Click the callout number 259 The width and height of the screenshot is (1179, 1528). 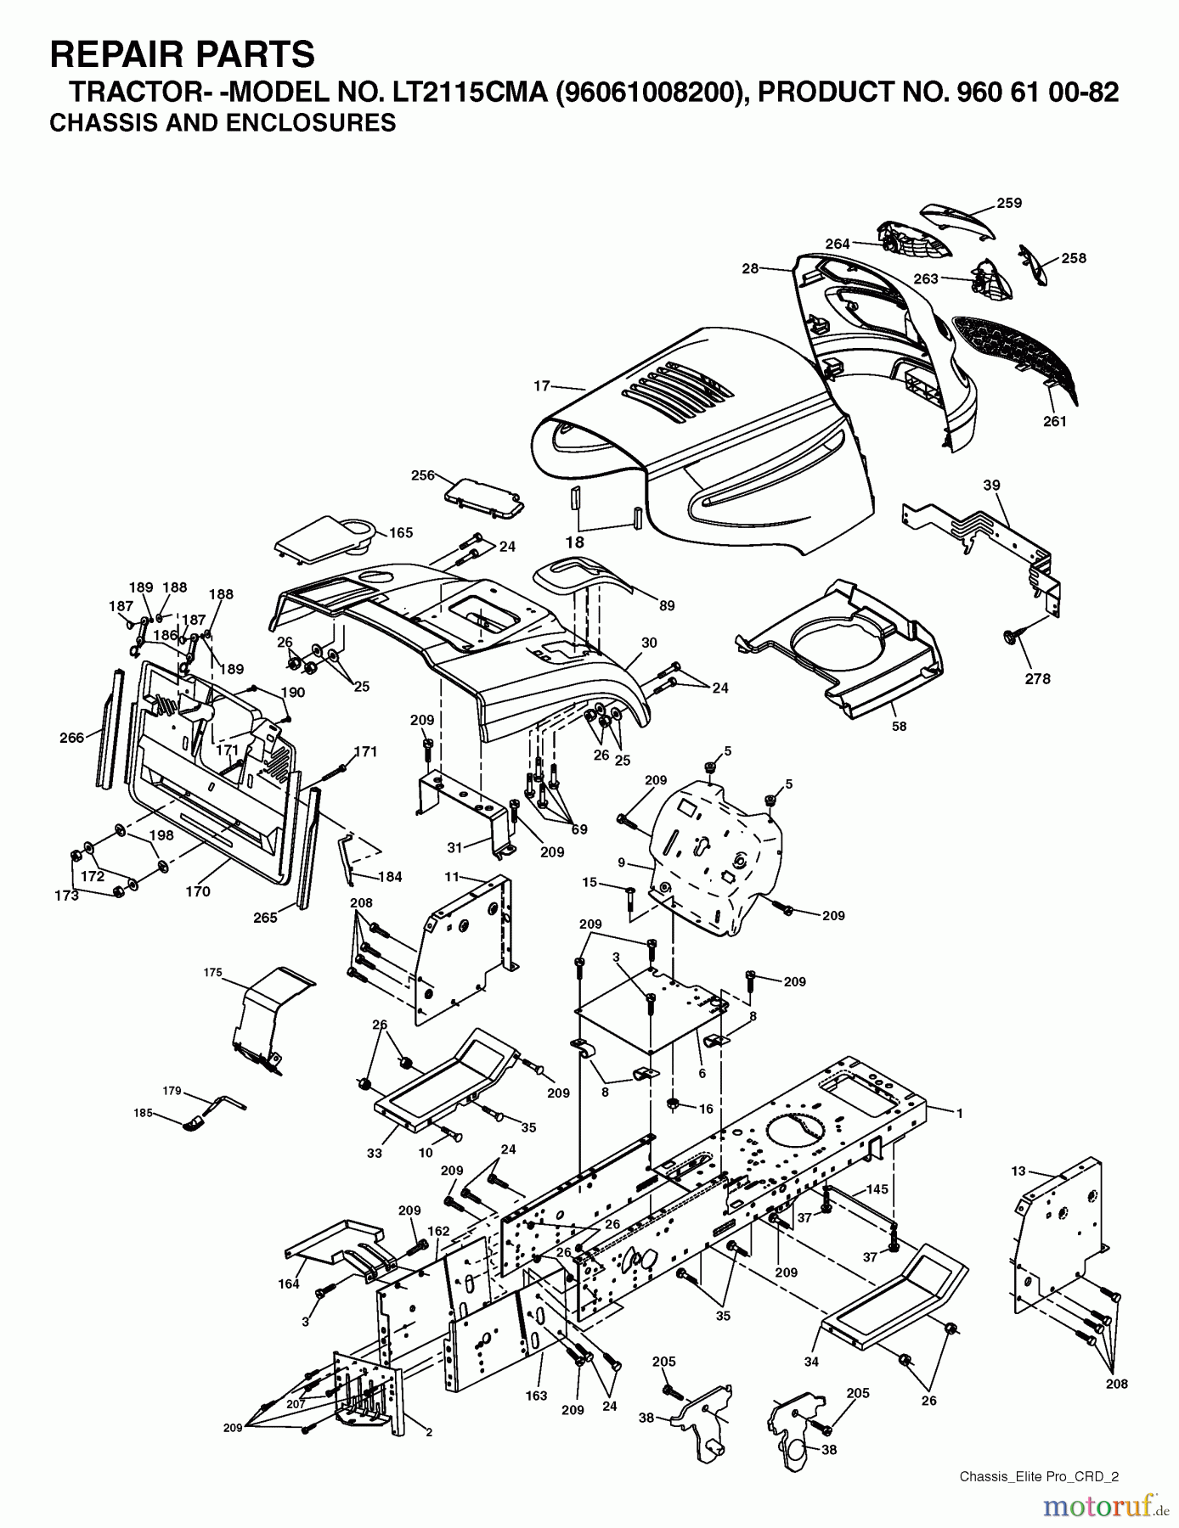click(x=1009, y=203)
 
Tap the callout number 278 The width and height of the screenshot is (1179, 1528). click(x=1037, y=678)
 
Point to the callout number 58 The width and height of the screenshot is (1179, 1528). click(x=899, y=726)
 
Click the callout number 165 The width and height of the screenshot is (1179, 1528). click(x=400, y=532)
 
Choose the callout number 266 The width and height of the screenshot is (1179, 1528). click(x=72, y=737)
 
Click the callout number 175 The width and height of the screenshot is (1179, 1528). click(x=212, y=971)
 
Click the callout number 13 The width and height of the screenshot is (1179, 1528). click(x=1018, y=1171)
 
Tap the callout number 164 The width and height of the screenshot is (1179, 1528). click(x=289, y=1284)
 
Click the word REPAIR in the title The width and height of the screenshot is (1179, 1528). click(x=111, y=54)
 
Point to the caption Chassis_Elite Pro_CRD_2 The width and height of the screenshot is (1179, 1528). click(x=1038, y=1476)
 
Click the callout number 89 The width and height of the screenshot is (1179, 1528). click(x=667, y=605)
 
